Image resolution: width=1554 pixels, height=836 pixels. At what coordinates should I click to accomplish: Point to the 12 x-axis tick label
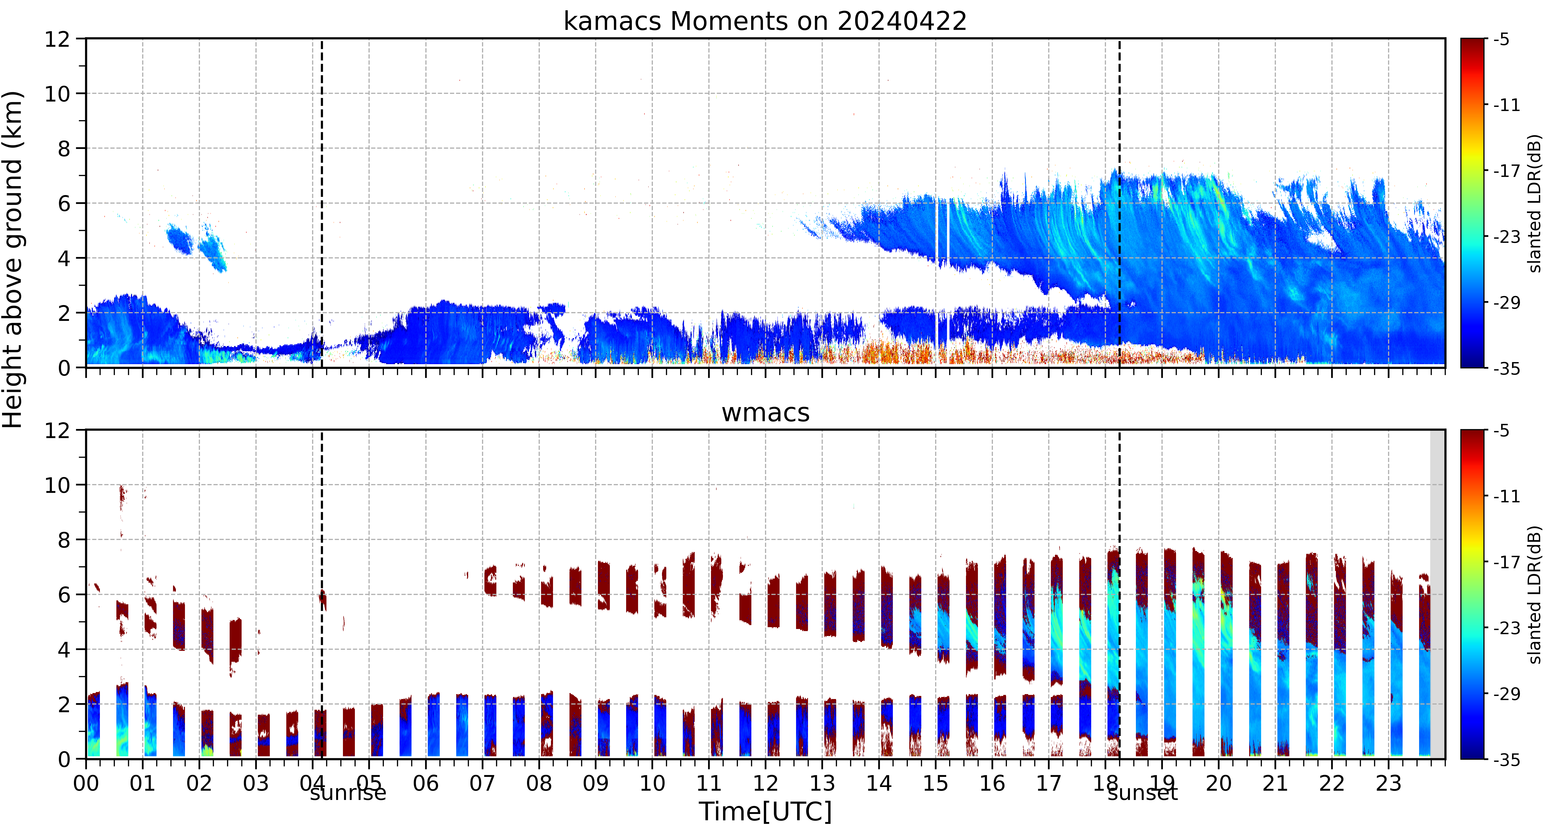click(x=766, y=783)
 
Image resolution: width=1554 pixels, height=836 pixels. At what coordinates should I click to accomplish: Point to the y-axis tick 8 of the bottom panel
click(x=64, y=540)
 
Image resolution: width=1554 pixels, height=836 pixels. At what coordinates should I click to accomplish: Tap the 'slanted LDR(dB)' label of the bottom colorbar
click(x=1535, y=595)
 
